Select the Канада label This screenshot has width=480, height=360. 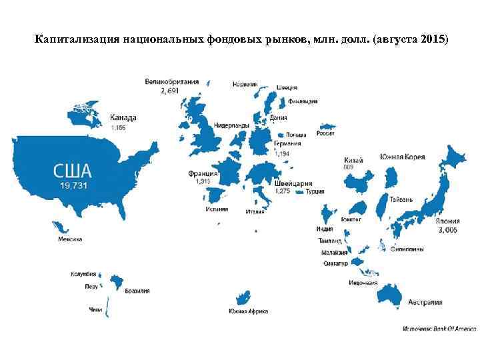tap(123, 117)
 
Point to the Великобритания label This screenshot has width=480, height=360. tap(171, 82)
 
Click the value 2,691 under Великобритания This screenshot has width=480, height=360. tap(170, 91)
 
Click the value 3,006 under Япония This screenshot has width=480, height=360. tap(447, 230)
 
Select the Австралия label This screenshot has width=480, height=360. tap(425, 302)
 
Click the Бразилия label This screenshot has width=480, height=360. tap(137, 291)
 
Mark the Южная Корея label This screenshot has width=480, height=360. tap(402, 157)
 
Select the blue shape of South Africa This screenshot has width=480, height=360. tap(243, 297)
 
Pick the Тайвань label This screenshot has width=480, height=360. tap(401, 199)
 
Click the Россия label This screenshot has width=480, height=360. tap(325, 133)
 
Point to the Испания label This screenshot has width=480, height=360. tap(216, 209)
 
